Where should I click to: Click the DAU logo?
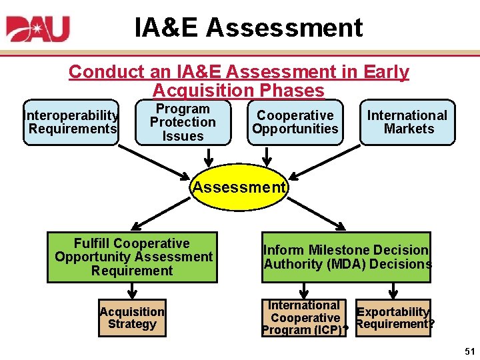(38, 29)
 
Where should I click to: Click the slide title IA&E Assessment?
(249, 28)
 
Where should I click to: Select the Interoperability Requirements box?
(72, 123)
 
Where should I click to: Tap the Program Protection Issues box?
(183, 123)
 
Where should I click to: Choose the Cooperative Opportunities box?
(295, 123)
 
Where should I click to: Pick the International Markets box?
(408, 123)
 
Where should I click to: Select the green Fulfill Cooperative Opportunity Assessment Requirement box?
(132, 257)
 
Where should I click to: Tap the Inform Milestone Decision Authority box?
(347, 257)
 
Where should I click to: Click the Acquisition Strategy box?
(132, 318)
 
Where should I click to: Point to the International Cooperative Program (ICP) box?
(304, 318)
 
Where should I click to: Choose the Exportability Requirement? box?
(393, 318)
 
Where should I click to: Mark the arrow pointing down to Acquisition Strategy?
(132, 291)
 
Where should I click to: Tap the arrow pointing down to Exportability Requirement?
(393, 291)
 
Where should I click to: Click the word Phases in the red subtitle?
(294, 91)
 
